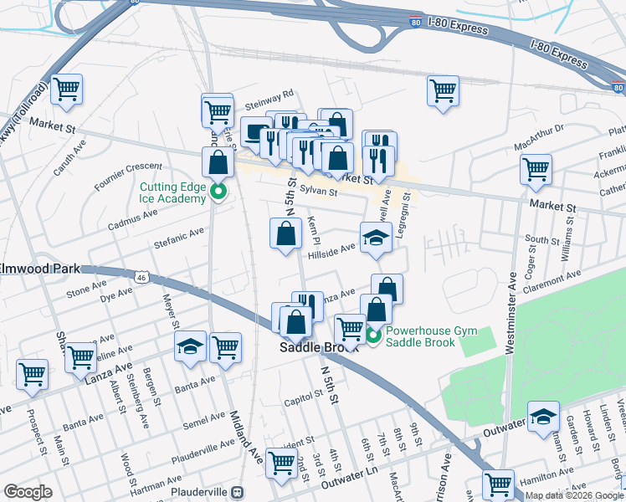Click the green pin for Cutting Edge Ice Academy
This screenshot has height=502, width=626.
(218, 192)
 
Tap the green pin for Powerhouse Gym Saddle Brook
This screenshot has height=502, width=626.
(372, 337)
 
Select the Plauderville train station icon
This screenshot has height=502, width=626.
(238, 493)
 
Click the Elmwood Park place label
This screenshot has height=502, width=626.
(40, 269)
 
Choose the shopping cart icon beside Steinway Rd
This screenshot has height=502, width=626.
(217, 109)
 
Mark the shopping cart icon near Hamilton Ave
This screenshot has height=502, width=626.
(498, 484)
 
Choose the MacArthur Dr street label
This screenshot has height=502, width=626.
(539, 137)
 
